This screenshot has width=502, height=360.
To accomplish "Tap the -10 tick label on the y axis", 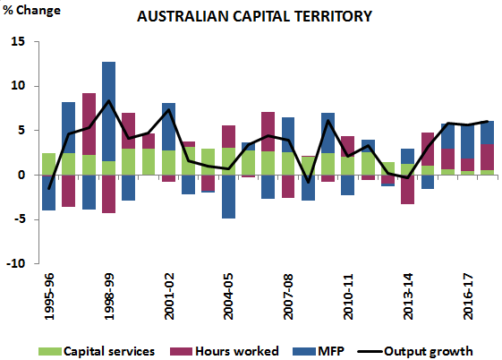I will [18, 264].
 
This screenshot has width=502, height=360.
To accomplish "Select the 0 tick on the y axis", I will [24, 176].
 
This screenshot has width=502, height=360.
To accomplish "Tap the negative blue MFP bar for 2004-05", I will [228, 196].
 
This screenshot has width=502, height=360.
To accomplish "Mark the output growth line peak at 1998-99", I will [108, 100].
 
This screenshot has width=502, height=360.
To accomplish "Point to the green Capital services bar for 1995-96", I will [48, 164].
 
